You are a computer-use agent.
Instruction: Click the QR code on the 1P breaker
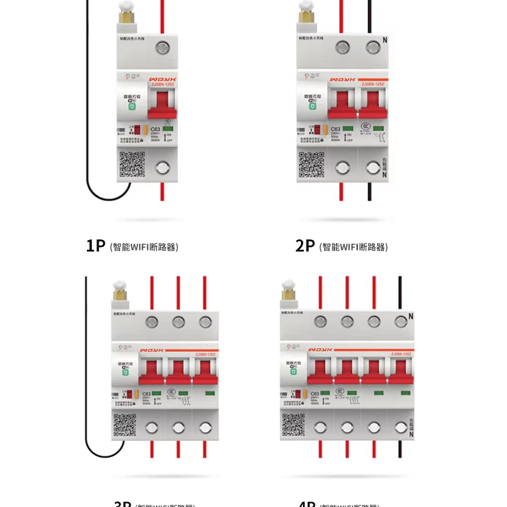[x=132, y=164]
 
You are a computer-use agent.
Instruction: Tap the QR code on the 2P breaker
[x=311, y=164]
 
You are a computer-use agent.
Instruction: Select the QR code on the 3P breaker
[x=124, y=425]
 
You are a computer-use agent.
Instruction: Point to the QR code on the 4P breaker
[x=293, y=425]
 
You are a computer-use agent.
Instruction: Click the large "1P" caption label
[x=96, y=246]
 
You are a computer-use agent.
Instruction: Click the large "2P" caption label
[x=305, y=246]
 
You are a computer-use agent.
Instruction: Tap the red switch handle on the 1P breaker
[x=163, y=103]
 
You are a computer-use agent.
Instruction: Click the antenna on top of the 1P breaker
[x=125, y=15]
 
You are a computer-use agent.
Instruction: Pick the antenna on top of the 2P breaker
[x=307, y=15]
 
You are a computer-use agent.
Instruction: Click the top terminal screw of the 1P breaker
[x=163, y=48]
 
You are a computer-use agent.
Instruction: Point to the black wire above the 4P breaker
[x=400, y=291]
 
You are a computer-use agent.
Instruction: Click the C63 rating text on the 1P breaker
[x=155, y=129]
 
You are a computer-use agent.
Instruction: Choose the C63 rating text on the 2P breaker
[x=335, y=129]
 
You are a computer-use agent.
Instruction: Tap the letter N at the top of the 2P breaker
[x=385, y=40]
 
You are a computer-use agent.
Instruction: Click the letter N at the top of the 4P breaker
[x=411, y=316]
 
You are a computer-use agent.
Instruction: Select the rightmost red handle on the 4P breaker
[x=400, y=372]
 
